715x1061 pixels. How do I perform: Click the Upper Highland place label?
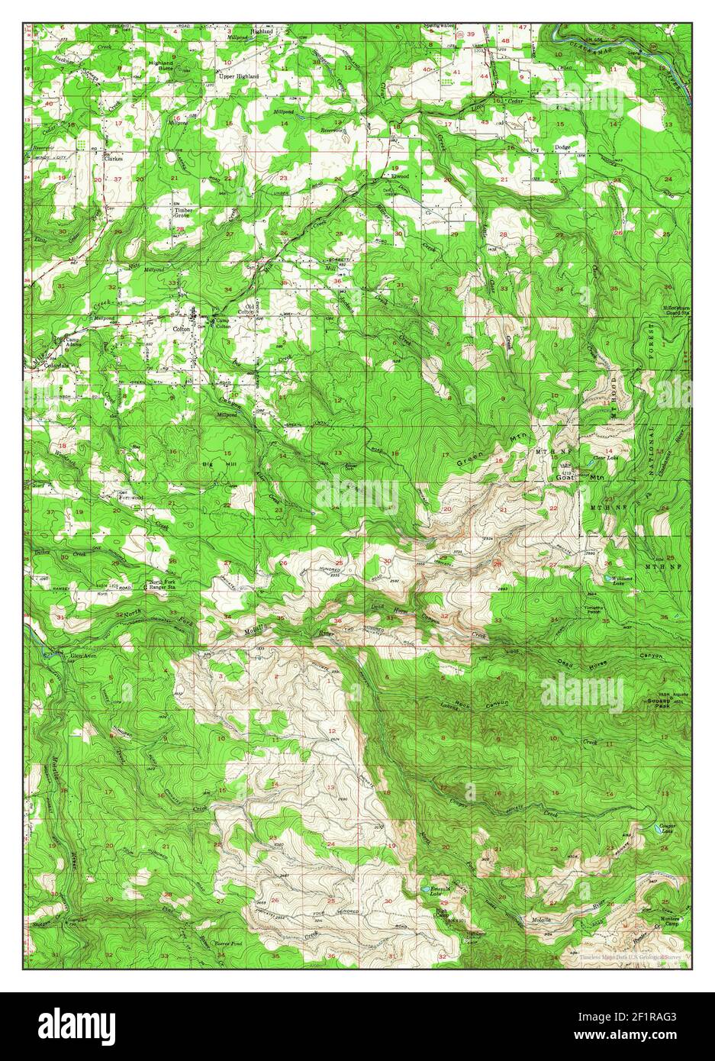tap(239, 77)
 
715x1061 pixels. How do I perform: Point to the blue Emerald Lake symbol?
tap(424, 890)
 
